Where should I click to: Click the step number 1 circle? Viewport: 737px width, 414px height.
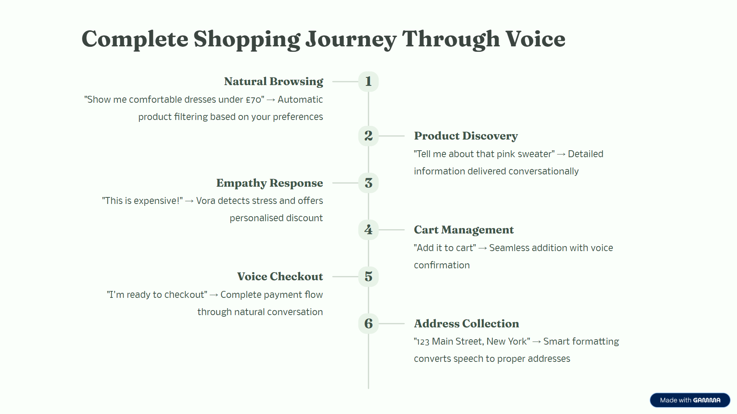pyautogui.click(x=368, y=82)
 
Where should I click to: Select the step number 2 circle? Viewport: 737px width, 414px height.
pyautogui.click(x=368, y=136)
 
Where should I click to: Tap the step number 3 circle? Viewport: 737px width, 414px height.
pyautogui.click(x=368, y=183)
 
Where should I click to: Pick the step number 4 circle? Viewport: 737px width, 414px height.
pyautogui.click(x=368, y=230)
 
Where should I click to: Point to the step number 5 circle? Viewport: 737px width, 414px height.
pyautogui.click(x=368, y=276)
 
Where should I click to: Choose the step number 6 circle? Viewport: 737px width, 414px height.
pyautogui.click(x=368, y=324)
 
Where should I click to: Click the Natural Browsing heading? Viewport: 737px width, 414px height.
pyautogui.click(x=273, y=82)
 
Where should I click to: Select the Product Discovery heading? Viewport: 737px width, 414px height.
pyautogui.click(x=466, y=136)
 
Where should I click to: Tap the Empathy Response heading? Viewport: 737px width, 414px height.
pyautogui.click(x=269, y=183)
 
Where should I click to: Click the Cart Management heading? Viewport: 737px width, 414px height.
pyautogui.click(x=464, y=230)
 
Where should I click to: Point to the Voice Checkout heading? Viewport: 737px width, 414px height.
pyautogui.click(x=280, y=277)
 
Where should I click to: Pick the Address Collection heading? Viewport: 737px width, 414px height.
pyautogui.click(x=466, y=324)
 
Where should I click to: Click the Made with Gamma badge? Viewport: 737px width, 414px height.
pyautogui.click(x=690, y=400)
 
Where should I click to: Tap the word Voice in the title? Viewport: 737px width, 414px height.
pyautogui.click(x=535, y=39)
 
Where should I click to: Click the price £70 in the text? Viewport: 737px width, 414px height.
pyautogui.click(x=253, y=100)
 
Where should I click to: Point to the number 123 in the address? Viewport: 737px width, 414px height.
pyautogui.click(x=423, y=342)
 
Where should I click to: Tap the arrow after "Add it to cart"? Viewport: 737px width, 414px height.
pyautogui.click(x=483, y=248)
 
